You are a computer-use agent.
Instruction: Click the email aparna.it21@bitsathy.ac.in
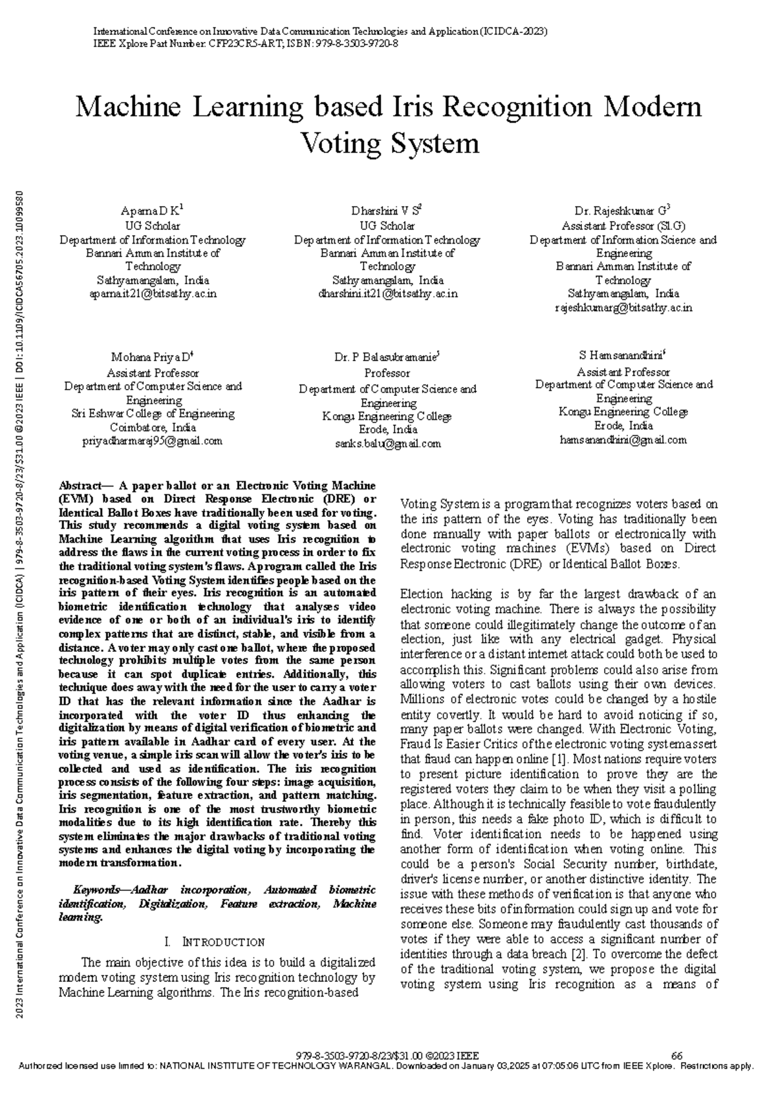153,294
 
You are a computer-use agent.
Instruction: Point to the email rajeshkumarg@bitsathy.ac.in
623,308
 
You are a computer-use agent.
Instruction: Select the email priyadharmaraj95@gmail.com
153,441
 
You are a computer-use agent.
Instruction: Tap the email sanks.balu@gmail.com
387,444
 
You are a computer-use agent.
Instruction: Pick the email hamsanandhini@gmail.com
623,440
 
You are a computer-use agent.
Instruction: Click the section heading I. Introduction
216,942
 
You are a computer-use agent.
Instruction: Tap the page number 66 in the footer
677,1056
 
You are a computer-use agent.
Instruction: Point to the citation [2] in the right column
579,954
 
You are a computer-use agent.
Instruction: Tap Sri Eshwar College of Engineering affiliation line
153,413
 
